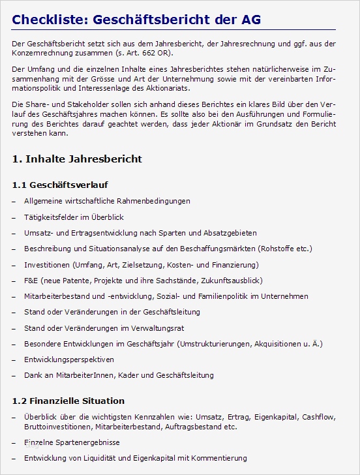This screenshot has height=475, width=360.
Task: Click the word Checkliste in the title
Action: click(x=49, y=20)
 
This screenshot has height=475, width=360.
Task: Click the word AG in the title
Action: click(x=250, y=20)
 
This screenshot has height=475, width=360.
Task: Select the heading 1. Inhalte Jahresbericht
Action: click(x=77, y=159)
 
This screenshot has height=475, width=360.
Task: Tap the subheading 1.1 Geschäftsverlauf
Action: click(x=60, y=185)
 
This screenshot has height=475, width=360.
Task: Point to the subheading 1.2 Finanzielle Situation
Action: click(x=68, y=401)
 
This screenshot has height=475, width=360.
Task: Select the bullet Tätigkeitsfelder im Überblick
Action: click(x=74, y=217)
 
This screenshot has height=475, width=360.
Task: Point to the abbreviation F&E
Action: click(x=31, y=281)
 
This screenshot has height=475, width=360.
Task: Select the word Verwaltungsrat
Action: click(x=161, y=328)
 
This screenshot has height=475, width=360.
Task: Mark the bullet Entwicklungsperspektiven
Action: click(x=69, y=360)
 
